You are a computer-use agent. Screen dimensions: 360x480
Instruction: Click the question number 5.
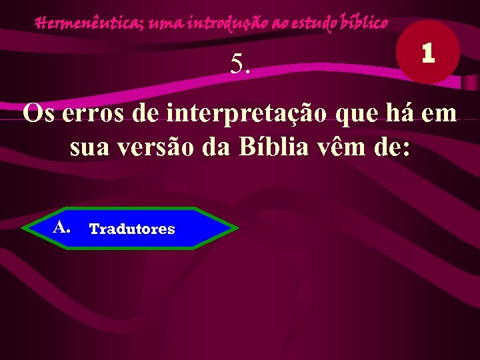pos(240,65)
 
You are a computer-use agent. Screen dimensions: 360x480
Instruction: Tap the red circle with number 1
pos(428,53)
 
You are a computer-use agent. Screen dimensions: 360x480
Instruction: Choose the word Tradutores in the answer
pos(132,229)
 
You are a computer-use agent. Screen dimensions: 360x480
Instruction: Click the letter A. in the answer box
pos(62,227)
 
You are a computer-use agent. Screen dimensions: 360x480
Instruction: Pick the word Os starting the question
pos(38,113)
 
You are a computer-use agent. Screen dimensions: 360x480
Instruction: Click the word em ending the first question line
pos(439,113)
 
